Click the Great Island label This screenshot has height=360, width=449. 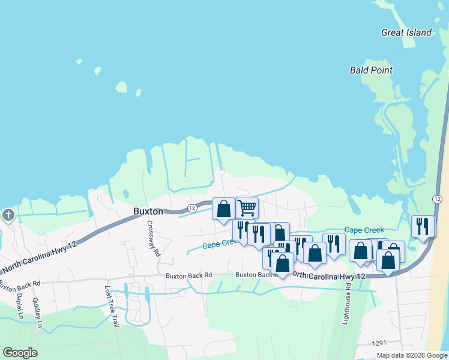(x=406, y=32)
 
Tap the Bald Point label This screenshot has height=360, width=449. (x=371, y=70)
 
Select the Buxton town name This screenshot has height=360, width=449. (x=148, y=212)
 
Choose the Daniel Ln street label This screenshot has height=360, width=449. (x=20, y=306)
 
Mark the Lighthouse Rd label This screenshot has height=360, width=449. (x=348, y=305)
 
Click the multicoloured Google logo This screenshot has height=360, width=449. (x=20, y=353)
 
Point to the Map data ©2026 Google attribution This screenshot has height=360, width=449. (x=412, y=355)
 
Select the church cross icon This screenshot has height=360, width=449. (x=8, y=215)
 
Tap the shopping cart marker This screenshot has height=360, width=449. (x=247, y=208)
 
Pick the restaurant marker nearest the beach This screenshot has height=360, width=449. (x=423, y=226)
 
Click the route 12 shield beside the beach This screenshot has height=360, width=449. (x=437, y=199)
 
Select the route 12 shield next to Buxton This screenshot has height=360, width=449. (x=191, y=208)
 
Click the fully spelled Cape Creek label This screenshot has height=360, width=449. (x=364, y=230)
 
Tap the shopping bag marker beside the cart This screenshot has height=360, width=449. (x=223, y=208)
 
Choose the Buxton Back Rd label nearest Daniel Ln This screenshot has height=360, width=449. (x=20, y=284)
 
